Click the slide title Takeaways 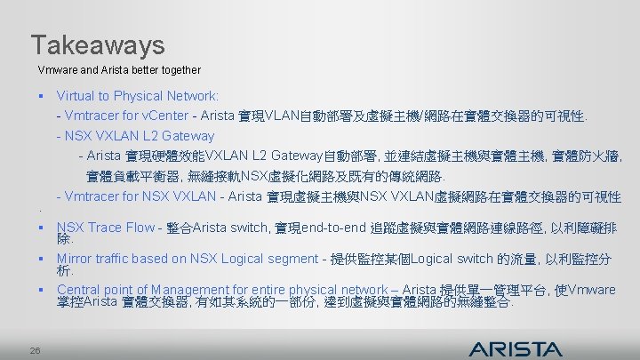(98, 44)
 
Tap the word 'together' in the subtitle (180, 69)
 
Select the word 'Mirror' (75, 259)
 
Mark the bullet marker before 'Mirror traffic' (42, 259)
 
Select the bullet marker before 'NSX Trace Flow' (42, 228)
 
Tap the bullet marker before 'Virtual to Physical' (42, 95)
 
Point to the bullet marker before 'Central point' (42, 290)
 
